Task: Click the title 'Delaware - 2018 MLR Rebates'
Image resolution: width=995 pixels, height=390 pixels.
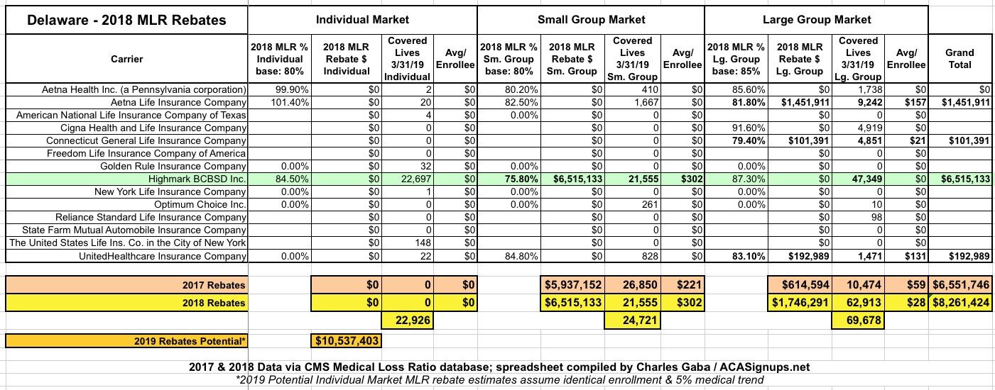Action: [x=126, y=20]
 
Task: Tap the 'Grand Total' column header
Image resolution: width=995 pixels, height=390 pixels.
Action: [x=959, y=58]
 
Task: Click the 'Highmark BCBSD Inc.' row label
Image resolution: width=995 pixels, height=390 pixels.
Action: [x=197, y=179]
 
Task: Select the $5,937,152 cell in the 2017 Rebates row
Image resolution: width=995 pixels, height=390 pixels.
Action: [x=572, y=285]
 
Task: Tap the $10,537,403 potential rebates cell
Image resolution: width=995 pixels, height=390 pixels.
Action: [x=347, y=341]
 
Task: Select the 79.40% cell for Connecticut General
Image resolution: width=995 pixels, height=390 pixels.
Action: [x=729, y=141]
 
